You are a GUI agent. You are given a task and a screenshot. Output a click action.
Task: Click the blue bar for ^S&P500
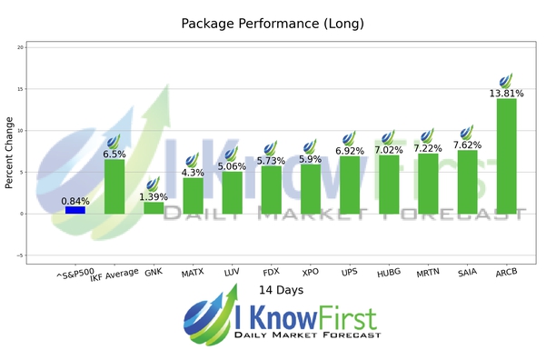point(75,210)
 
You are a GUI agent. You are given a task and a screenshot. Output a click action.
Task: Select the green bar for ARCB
point(506,155)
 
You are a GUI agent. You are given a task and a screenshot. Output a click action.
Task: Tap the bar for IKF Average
point(114,186)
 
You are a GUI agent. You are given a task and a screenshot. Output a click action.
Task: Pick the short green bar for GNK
point(154,208)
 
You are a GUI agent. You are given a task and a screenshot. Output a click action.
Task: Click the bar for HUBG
point(388,185)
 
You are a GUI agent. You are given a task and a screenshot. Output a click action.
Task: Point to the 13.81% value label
point(506,93)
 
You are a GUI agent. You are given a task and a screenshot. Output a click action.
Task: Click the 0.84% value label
point(75,201)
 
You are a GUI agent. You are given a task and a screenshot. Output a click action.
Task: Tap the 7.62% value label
point(467,144)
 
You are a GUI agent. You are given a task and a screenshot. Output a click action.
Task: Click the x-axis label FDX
point(270,272)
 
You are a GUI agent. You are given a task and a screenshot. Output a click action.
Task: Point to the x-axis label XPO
point(309,272)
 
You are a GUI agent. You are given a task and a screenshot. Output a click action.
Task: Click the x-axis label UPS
point(349,272)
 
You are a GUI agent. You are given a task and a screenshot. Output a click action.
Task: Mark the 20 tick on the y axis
point(21,47)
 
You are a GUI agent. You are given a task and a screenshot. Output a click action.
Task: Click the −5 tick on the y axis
point(21,255)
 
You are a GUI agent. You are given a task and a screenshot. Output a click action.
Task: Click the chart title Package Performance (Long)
point(273,23)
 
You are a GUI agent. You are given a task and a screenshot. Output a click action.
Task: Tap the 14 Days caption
point(278,290)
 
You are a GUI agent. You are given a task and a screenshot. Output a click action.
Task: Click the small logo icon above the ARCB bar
point(506,79)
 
